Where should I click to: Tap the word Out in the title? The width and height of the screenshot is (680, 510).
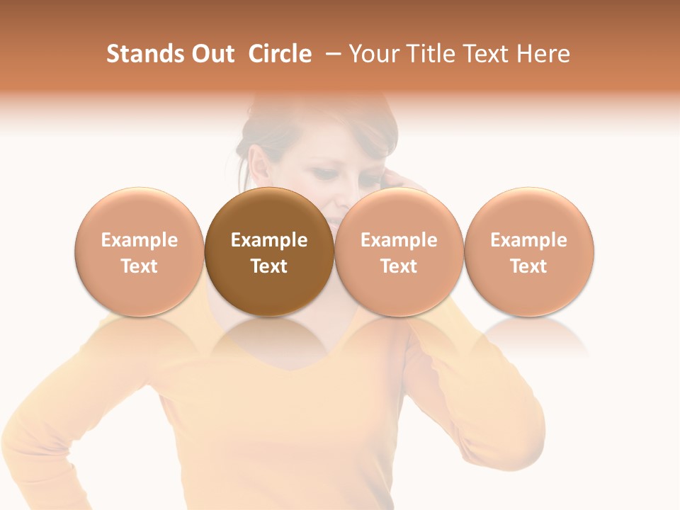point(211,54)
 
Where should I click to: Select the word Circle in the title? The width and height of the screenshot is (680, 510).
point(280,54)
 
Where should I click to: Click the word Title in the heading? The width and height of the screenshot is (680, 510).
point(431,54)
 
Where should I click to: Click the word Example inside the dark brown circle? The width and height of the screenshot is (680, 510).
point(269,240)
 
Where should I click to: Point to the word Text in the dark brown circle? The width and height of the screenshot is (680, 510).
point(269,266)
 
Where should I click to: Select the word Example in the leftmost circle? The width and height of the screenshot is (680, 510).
point(140,240)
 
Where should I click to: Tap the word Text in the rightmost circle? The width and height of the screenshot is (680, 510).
point(529,266)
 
